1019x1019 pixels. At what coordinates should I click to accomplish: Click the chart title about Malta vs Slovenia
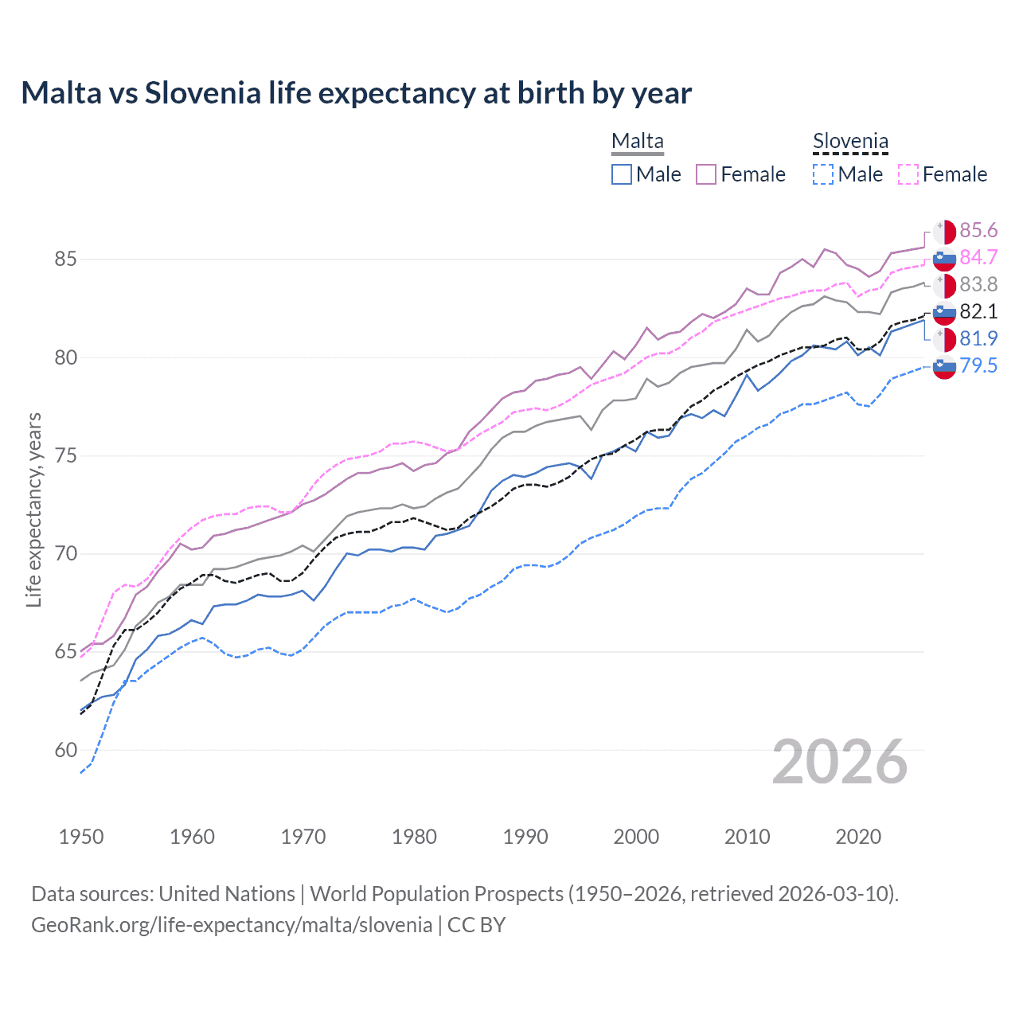point(356,93)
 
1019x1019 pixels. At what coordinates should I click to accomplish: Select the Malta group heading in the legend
point(637,142)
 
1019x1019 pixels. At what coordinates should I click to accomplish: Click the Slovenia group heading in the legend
point(849,142)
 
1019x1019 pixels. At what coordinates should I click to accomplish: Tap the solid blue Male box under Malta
point(622,174)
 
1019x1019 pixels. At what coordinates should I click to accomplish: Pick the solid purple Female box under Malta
point(706,174)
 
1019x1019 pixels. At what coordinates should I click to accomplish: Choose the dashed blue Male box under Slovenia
point(823,174)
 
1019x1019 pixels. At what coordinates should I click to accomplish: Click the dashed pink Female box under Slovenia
point(908,174)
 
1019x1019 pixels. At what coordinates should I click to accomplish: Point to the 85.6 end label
point(978,231)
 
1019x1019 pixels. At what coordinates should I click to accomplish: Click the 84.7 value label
point(978,258)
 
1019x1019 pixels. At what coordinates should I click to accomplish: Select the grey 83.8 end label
point(978,285)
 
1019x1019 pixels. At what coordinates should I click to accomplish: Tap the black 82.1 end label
point(978,312)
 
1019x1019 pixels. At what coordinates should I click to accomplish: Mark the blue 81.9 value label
point(978,339)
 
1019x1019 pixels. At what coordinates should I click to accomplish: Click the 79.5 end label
point(978,366)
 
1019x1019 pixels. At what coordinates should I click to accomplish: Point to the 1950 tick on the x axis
point(81,837)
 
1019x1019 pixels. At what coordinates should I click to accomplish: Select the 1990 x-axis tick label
point(525,837)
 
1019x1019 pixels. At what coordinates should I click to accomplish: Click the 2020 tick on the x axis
point(858,837)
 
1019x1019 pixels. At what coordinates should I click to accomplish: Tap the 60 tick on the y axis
point(66,751)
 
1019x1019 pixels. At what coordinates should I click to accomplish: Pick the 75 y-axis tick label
point(66,456)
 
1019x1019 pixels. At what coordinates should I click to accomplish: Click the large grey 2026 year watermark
point(839,763)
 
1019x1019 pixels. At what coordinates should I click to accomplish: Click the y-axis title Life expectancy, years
point(34,509)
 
